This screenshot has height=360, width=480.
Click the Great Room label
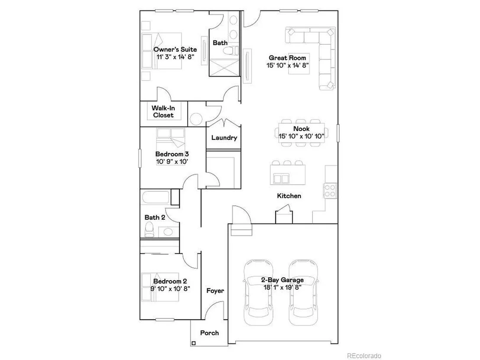pyautogui.click(x=287, y=58)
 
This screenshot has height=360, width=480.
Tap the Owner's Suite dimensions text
pyautogui.click(x=175, y=57)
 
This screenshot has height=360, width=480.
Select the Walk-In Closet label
pyautogui.click(x=163, y=111)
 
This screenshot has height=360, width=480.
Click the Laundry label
pyautogui.click(x=224, y=138)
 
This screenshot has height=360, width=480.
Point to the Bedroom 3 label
pyautogui.click(x=172, y=154)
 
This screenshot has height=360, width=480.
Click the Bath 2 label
pyautogui.click(x=155, y=217)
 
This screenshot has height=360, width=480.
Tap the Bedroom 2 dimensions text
pyautogui.click(x=170, y=289)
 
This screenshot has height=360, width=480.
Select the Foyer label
pyautogui.click(x=215, y=291)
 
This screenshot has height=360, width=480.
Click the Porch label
pyautogui.click(x=209, y=333)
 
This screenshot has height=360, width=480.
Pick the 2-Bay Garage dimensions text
pyautogui.click(x=282, y=288)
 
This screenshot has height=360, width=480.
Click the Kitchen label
pyautogui.click(x=289, y=196)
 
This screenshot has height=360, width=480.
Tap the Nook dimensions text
pyautogui.click(x=301, y=136)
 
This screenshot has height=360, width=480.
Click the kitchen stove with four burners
pyautogui.click(x=330, y=191)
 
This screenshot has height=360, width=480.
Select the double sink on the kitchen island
pyautogui.click(x=281, y=178)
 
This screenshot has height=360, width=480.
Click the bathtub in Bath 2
pyautogui.click(x=156, y=198)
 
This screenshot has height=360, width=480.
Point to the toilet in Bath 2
pyautogui.click(x=149, y=230)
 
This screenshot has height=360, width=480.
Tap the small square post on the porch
pyautogui.click(x=194, y=344)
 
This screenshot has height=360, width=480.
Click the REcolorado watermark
pyautogui.click(x=364, y=356)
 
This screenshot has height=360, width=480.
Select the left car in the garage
pyautogui.click(x=258, y=292)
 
